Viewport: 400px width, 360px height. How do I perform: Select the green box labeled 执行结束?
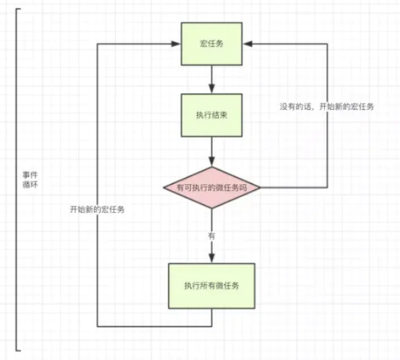click(x=211, y=116)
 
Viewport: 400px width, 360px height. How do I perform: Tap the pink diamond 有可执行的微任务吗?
click(x=211, y=186)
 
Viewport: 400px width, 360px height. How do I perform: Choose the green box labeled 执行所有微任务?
click(x=211, y=285)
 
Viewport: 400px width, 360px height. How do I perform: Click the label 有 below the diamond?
click(x=211, y=236)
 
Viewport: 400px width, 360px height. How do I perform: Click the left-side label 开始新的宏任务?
click(x=92, y=209)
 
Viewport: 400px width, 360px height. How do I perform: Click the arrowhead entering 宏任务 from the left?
click(x=175, y=43)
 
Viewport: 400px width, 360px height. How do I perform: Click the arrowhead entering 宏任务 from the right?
click(x=248, y=43)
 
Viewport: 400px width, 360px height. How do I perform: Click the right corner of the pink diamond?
click(x=261, y=186)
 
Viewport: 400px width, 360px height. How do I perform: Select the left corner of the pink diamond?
click(x=162, y=186)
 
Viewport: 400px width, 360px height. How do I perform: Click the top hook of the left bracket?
click(x=20, y=9)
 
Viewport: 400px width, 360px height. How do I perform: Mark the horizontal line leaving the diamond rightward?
click(x=295, y=186)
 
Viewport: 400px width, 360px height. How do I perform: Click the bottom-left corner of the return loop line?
click(x=98, y=327)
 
